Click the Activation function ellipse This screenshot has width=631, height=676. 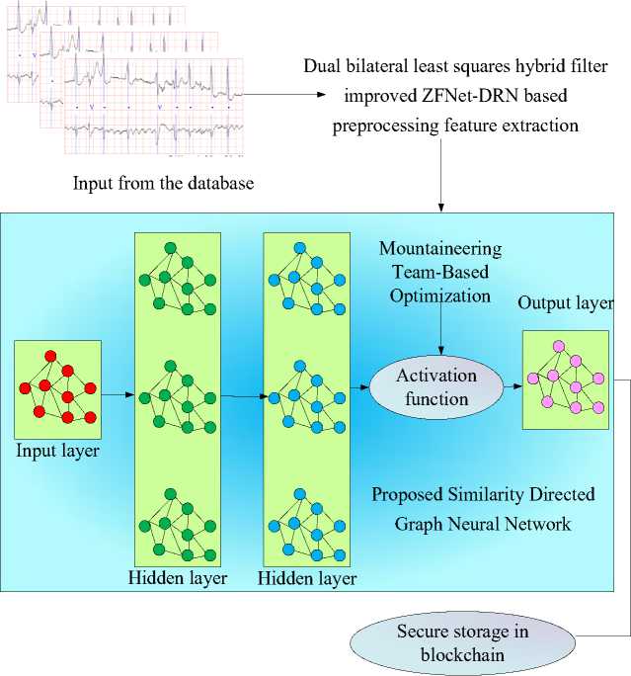tap(436, 387)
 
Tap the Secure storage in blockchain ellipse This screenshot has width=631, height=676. tap(462, 643)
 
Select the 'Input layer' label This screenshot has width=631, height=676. tap(57, 451)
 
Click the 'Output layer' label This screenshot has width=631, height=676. tap(566, 303)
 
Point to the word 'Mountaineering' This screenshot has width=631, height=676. tap(440, 249)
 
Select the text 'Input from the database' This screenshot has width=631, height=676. tap(163, 183)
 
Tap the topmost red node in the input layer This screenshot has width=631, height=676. tap(50, 357)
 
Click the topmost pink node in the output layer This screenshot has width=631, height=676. tap(559, 346)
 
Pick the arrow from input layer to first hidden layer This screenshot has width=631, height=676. tap(118, 394)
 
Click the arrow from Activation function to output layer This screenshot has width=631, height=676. tap(513, 386)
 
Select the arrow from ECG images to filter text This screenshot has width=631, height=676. tap(284, 95)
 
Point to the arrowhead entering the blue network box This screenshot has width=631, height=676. tap(440, 208)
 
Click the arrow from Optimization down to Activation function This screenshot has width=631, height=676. tap(440, 328)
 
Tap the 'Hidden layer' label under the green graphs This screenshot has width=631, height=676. tap(178, 578)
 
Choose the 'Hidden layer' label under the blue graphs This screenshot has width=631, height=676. tap(307, 578)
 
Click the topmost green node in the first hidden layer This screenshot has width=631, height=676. tap(171, 248)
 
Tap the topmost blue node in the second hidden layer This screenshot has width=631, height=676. tap(300, 248)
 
